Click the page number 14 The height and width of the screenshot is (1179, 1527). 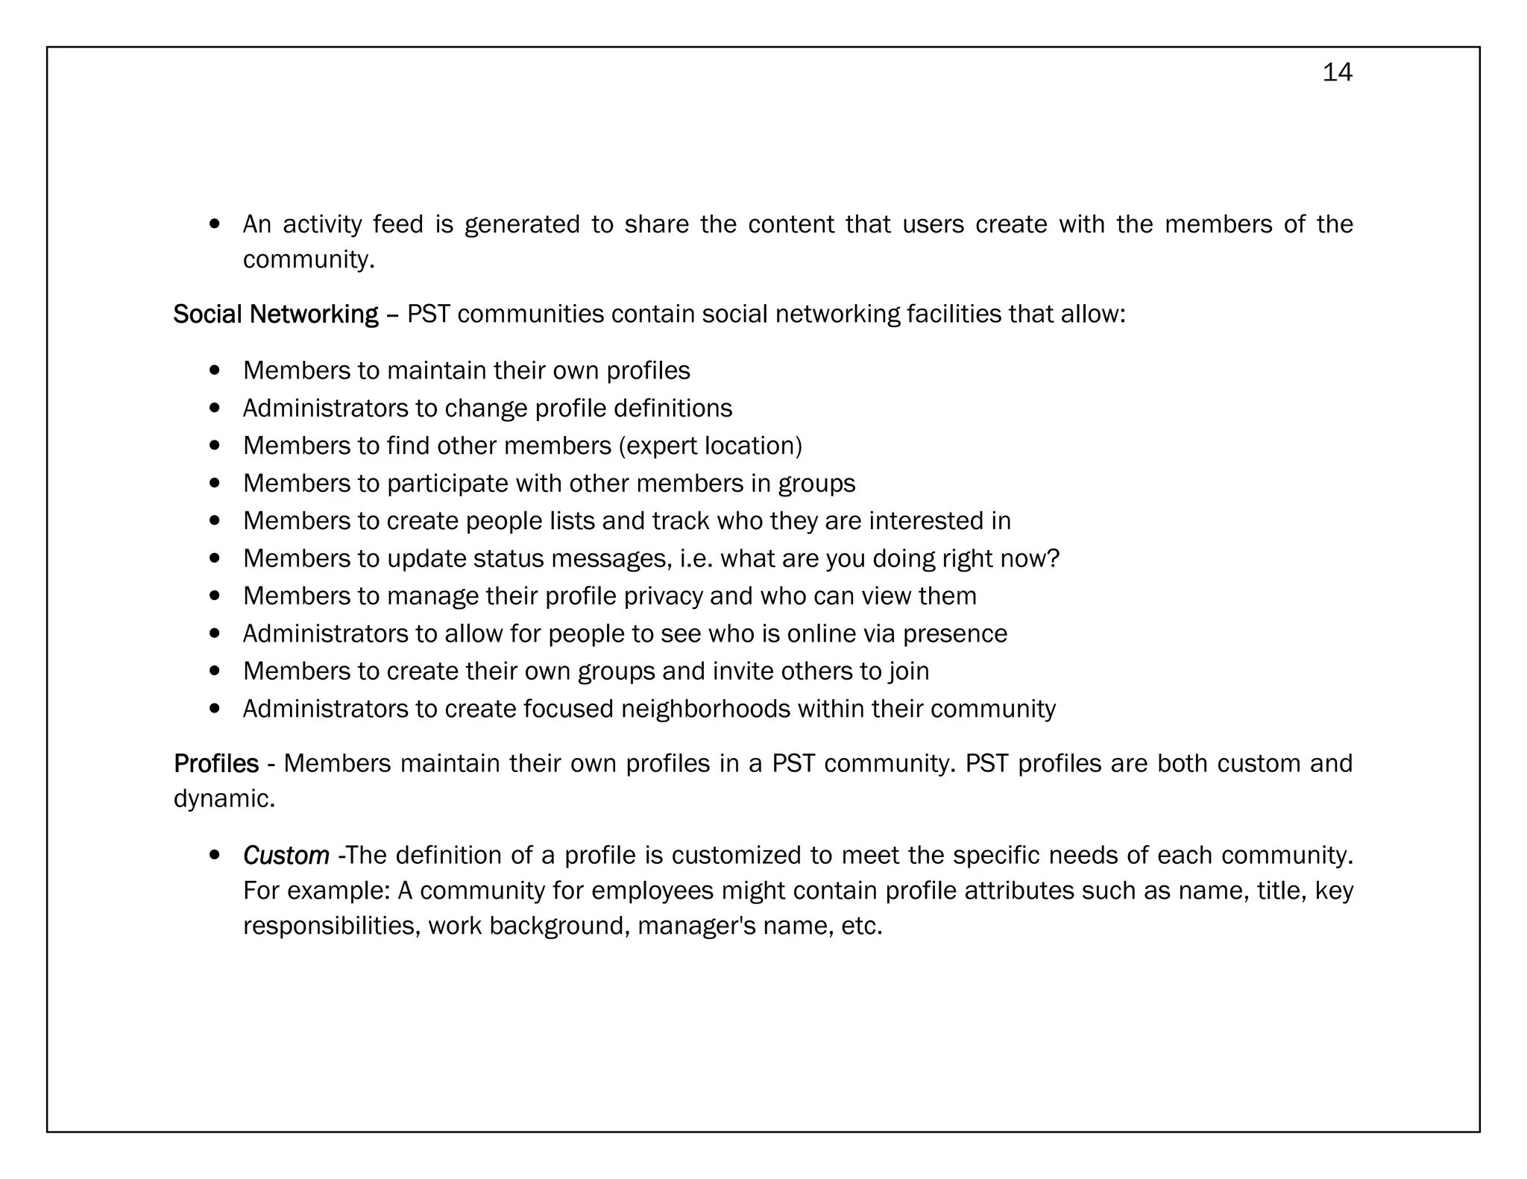[x=1337, y=72]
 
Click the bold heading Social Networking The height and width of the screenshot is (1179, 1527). [x=275, y=314]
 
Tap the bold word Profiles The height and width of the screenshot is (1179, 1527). [x=215, y=764]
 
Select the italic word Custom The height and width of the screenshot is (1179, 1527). [x=286, y=856]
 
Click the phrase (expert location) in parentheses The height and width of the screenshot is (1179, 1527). [x=711, y=446]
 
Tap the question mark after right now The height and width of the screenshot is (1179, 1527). [x=1053, y=559]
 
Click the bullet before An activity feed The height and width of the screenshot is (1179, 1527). [x=215, y=224]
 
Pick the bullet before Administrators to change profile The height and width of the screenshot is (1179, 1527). [x=215, y=408]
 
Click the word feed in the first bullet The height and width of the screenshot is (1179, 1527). [x=398, y=224]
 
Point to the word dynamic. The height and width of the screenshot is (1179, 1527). [x=224, y=799]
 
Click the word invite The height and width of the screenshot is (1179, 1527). [x=743, y=671]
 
